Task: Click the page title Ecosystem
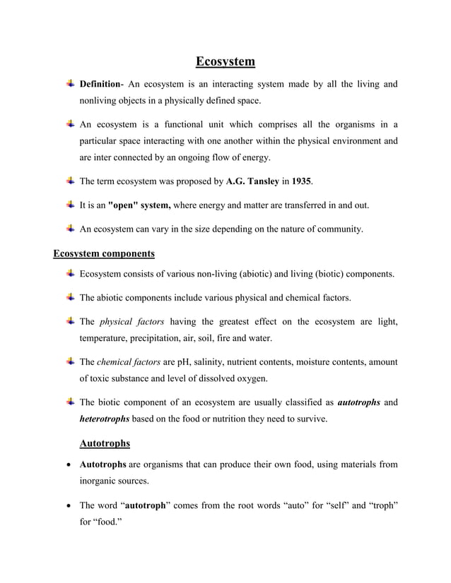[x=225, y=62]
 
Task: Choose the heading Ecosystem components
[x=104, y=252]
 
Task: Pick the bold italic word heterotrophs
[x=104, y=419]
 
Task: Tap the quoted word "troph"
[x=381, y=505]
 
